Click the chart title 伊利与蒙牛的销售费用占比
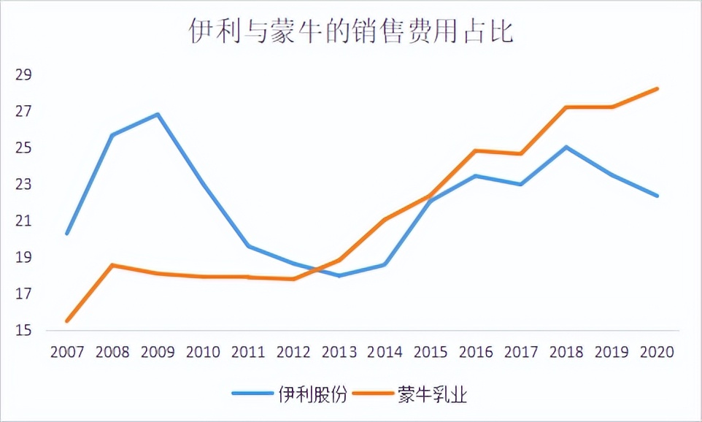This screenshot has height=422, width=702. [351, 32]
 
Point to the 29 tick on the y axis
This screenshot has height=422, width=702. [24, 75]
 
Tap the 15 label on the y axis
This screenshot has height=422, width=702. [24, 331]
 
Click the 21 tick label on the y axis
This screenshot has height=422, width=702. [24, 221]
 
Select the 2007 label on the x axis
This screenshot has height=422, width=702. [67, 352]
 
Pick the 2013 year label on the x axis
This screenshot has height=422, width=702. [340, 352]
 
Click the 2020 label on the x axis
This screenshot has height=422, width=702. [657, 352]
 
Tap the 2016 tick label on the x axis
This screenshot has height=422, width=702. [476, 352]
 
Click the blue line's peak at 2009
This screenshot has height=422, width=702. [158, 115]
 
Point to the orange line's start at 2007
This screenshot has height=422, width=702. [67, 321]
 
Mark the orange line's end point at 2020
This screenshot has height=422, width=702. [657, 89]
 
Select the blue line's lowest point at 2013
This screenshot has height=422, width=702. [340, 275]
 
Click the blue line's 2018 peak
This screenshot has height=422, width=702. [566, 147]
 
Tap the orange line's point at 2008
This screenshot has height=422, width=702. [113, 265]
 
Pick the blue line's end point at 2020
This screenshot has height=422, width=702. [657, 196]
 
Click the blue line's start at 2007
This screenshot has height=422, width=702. [67, 234]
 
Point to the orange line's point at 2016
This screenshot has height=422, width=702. [476, 151]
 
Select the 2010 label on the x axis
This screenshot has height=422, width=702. [204, 352]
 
